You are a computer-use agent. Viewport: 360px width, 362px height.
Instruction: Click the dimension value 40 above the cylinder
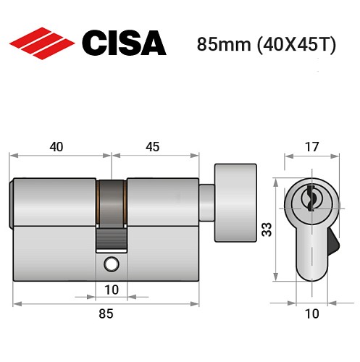(x=56, y=147)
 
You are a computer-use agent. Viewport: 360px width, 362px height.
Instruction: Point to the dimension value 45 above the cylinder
(x=152, y=147)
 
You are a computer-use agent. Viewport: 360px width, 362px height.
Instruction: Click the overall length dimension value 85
(x=106, y=313)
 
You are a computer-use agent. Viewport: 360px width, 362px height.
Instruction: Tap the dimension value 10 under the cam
(x=110, y=290)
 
